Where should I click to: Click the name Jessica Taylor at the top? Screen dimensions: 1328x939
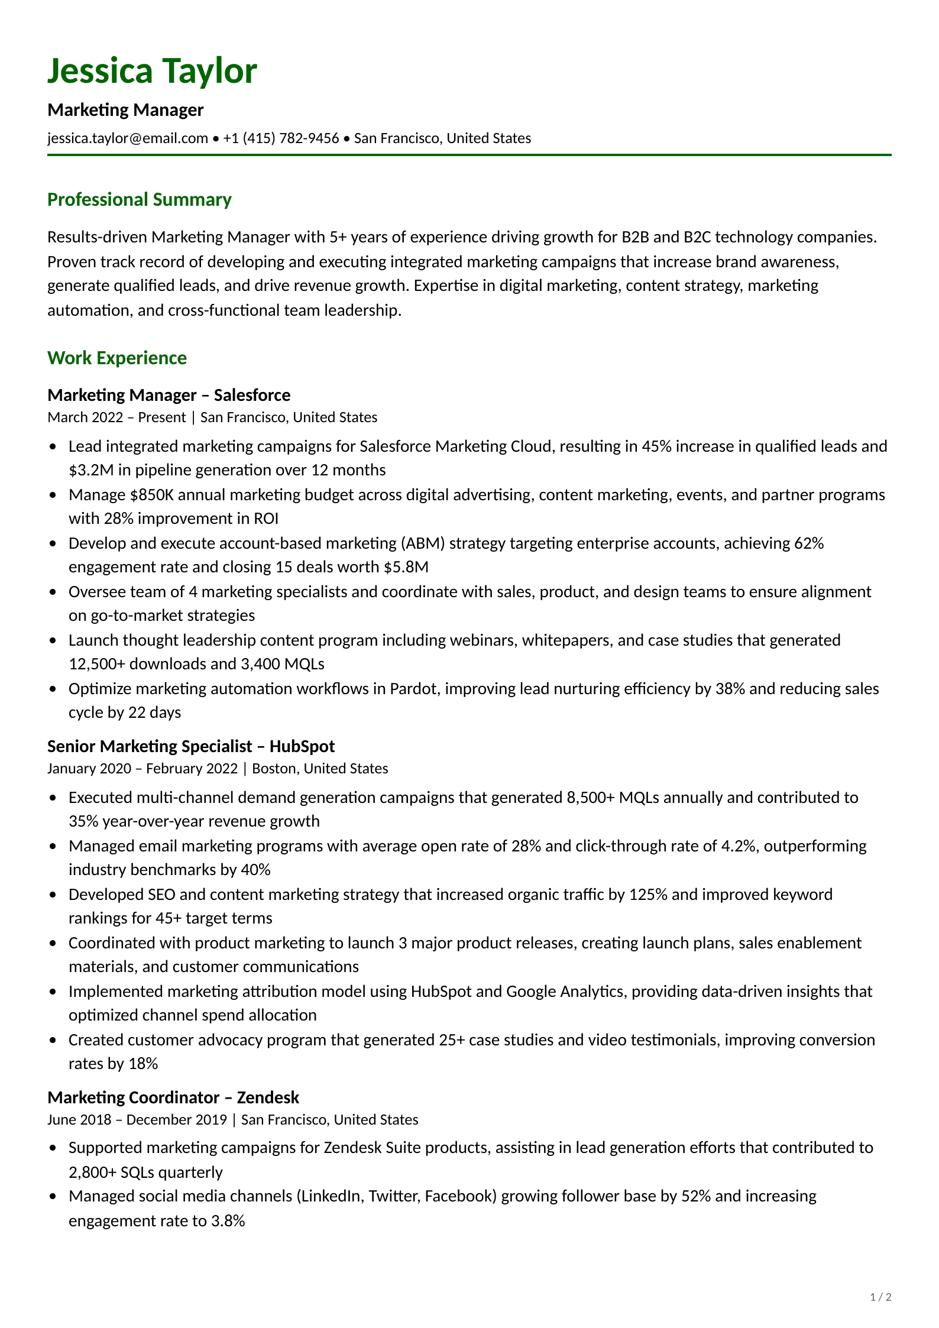[x=152, y=71]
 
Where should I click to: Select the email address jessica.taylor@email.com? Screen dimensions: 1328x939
[x=128, y=138]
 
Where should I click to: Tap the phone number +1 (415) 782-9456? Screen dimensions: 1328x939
[x=281, y=138]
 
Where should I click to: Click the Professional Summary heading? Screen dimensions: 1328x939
[x=139, y=200]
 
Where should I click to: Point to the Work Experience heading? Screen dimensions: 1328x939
[x=117, y=358]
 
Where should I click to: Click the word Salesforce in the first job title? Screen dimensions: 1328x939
[x=252, y=395]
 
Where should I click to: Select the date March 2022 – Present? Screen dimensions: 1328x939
[x=116, y=417]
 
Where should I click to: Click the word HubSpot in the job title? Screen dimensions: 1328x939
[x=302, y=746]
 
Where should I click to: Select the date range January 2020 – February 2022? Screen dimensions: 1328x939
[x=143, y=769]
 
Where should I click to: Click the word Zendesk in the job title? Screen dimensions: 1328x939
[x=268, y=1097]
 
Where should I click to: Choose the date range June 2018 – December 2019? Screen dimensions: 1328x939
[x=137, y=1120]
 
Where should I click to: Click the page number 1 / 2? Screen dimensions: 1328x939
[x=880, y=1297]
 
